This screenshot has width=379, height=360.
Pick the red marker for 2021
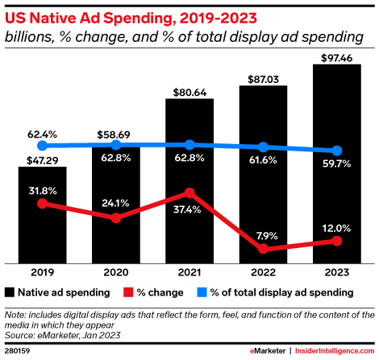coord(189,192)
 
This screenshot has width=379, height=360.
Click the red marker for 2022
coord(263,249)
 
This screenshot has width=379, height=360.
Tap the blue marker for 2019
coord(42,146)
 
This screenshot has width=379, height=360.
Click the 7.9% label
coord(263,234)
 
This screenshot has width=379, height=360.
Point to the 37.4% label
coord(189,209)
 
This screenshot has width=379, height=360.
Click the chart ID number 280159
coord(18,351)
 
